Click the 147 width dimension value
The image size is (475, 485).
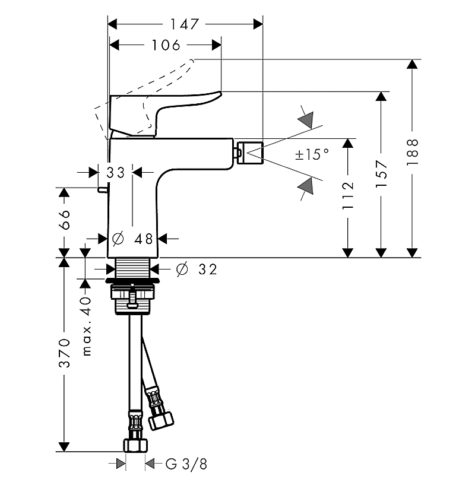coord(184,24)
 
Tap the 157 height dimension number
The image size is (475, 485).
coord(382,174)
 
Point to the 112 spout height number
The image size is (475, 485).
coord(349,196)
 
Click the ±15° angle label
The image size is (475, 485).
coord(311,155)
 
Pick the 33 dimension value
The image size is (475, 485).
coord(116,173)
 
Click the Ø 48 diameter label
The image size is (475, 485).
coord(132,239)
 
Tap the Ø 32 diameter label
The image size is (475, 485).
coord(196,270)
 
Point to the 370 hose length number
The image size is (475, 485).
coord(65,354)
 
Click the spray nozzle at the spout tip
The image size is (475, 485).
coord(249,151)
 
